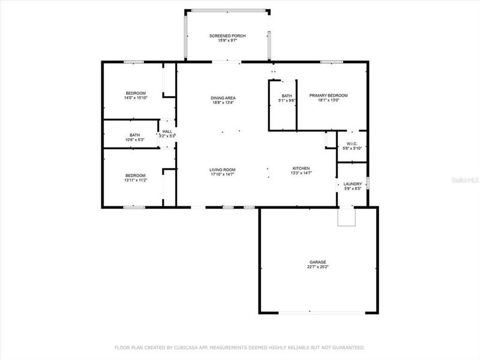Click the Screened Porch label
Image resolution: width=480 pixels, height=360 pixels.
coord(227,36)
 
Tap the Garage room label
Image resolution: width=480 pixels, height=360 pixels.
coord(318,262)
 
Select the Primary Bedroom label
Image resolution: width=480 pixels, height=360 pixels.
coord(328,95)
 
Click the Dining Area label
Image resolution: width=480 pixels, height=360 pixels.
coord(223,98)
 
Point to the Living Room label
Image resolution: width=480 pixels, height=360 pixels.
coord(222,169)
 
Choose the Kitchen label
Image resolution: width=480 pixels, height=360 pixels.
coord(301,168)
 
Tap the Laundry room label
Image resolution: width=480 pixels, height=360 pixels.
coord(353,184)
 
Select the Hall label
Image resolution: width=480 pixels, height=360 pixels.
coord(167,131)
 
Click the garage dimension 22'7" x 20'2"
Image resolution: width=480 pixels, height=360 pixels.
coord(318,267)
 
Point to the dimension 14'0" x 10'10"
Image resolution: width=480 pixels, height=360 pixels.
coord(136,97)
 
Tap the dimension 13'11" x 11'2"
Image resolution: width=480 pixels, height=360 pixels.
coord(136,180)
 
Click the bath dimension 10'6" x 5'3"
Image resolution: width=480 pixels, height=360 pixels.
coord(135,140)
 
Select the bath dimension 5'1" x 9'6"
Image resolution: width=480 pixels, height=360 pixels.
coord(287,100)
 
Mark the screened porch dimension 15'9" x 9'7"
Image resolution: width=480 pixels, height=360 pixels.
coord(227,41)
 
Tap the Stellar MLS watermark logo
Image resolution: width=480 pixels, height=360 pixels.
coord(467,179)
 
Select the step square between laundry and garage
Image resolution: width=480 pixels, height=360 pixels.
coord(347,217)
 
